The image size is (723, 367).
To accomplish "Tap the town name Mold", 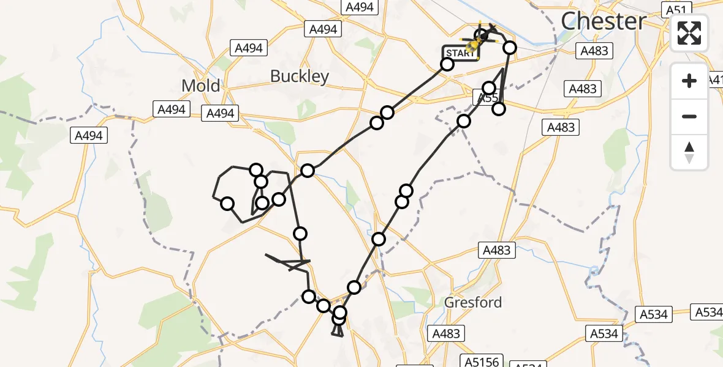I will (x=200, y=86).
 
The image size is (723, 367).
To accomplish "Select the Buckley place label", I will (x=300, y=76).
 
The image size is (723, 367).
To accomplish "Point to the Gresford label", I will (x=473, y=302).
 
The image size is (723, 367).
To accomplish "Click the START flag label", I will (x=460, y=53).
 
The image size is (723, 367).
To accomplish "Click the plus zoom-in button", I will (x=689, y=81).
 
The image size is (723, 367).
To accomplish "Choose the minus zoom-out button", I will (x=689, y=116).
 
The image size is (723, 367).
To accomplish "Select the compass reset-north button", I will (x=689, y=152).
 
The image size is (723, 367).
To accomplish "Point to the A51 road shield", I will (x=676, y=9).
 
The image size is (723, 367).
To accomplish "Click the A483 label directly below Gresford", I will (x=445, y=333).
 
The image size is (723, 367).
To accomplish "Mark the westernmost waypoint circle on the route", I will (x=227, y=204).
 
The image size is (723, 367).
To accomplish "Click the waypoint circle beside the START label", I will (x=447, y=64).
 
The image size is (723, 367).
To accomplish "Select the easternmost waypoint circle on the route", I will (x=509, y=48).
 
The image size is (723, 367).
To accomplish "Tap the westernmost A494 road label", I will (x=89, y=135).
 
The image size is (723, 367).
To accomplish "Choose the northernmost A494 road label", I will (x=360, y=7).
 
